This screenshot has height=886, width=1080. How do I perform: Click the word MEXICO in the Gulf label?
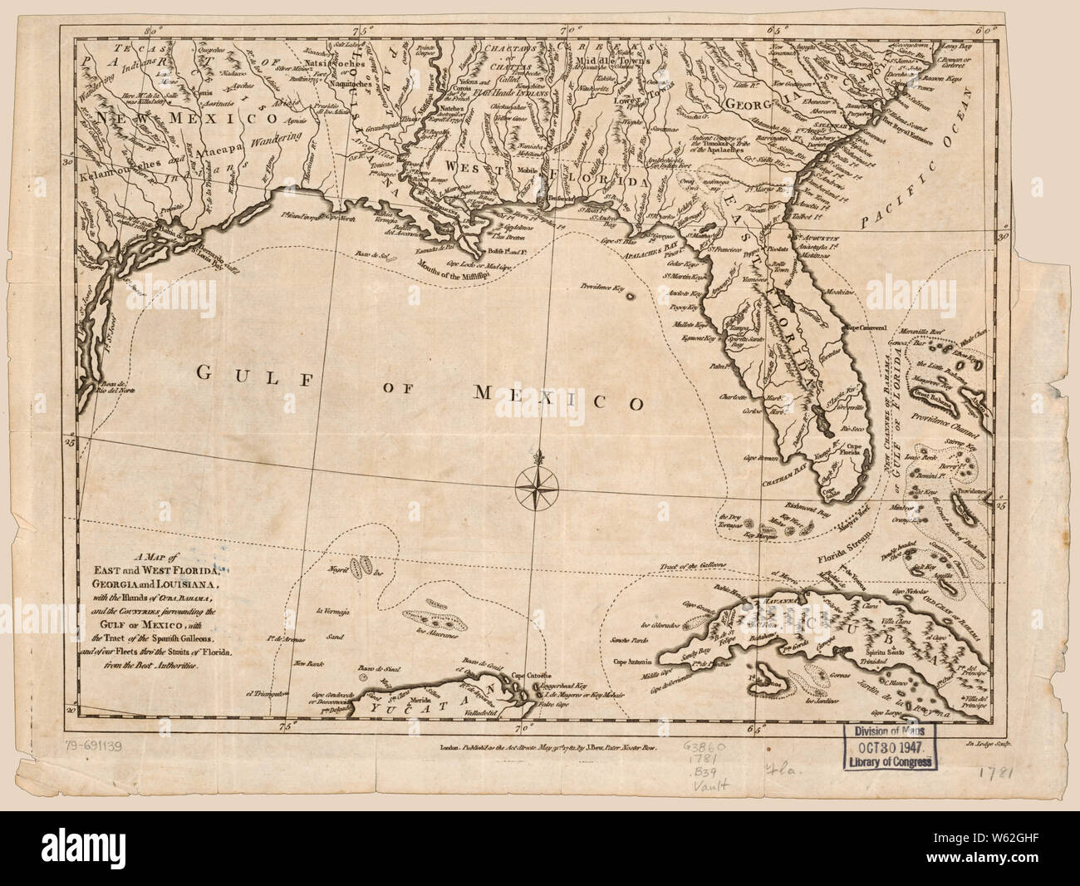tap(561, 400)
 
